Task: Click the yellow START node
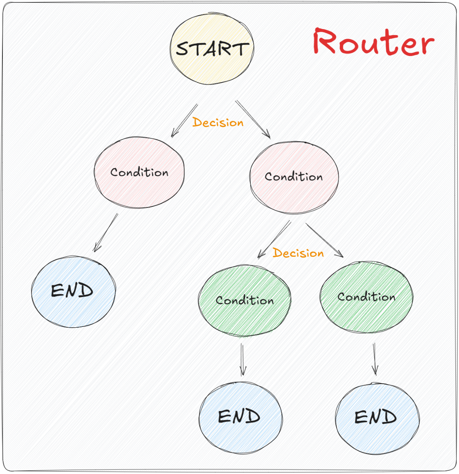(212, 49)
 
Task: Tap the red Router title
(373, 42)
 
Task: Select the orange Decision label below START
(218, 122)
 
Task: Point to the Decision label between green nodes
(298, 253)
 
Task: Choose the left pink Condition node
(139, 173)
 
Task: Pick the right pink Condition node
(294, 177)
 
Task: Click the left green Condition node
(244, 300)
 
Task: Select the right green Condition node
(366, 297)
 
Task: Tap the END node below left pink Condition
(73, 291)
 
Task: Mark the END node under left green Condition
(240, 417)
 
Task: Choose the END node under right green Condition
(377, 417)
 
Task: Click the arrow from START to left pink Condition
(184, 121)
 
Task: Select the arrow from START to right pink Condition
(253, 119)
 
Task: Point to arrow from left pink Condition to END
(106, 233)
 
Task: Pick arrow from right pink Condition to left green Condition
(274, 239)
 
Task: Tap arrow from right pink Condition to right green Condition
(324, 240)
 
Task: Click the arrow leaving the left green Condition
(242, 360)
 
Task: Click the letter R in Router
(325, 42)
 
